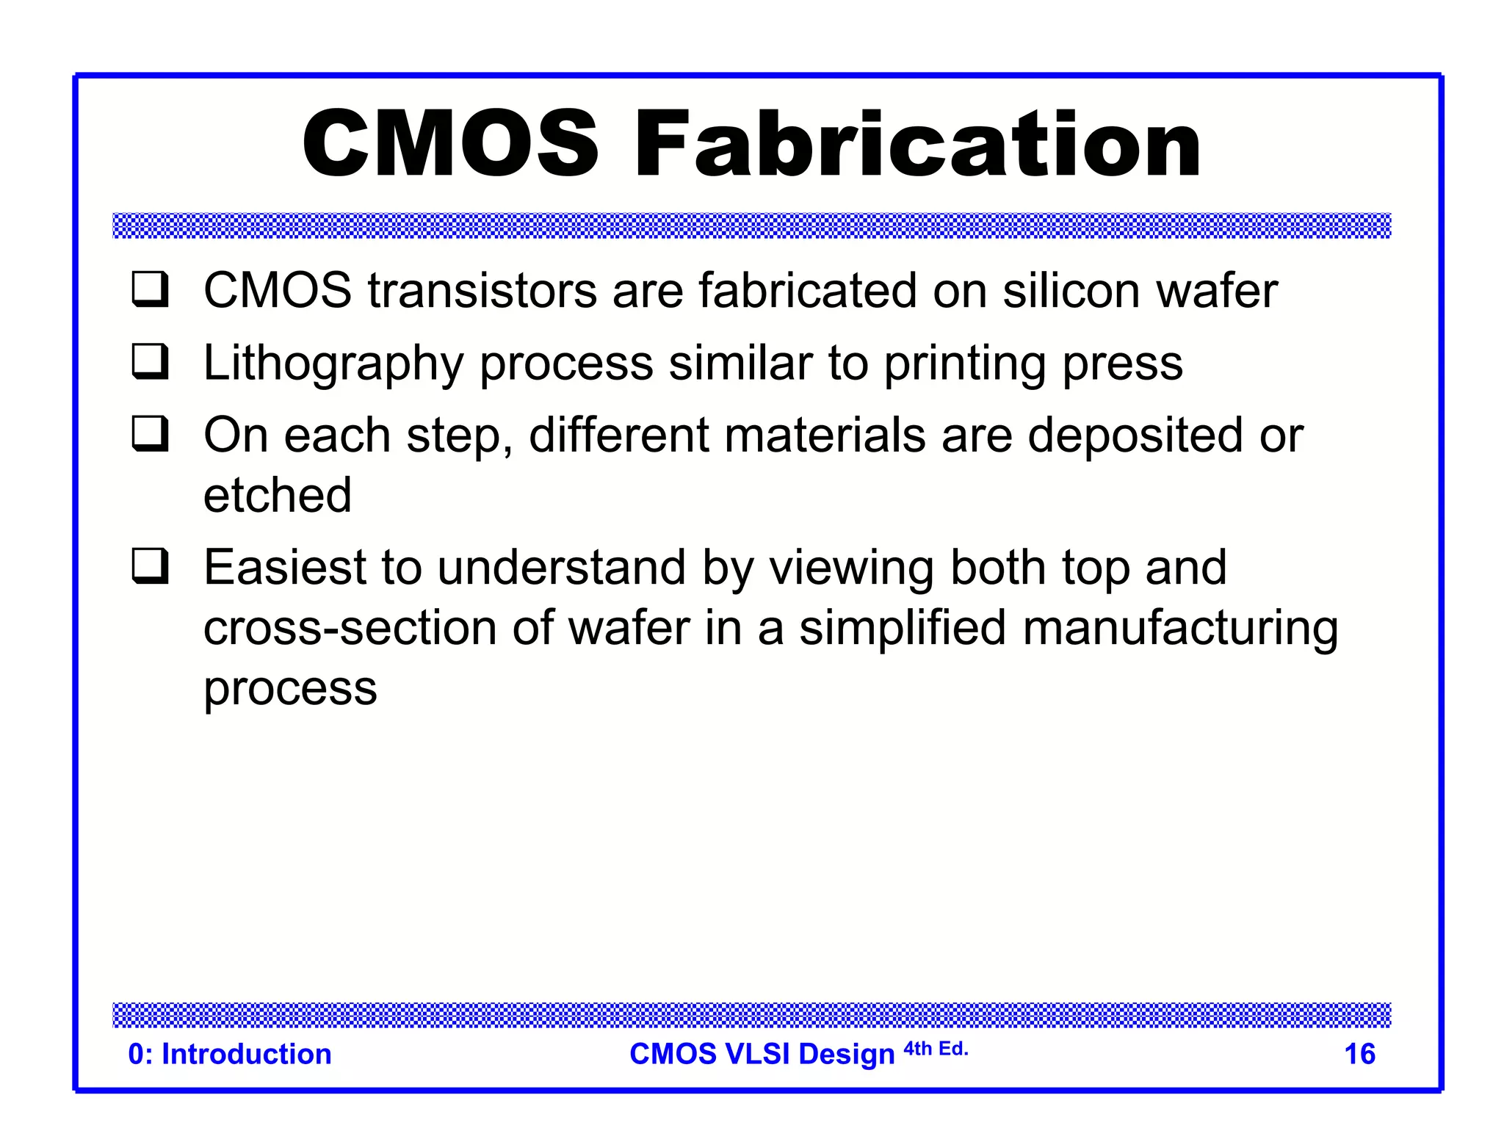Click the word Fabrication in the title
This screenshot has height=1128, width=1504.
[x=917, y=144]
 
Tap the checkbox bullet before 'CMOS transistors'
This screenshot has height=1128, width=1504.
[x=151, y=289]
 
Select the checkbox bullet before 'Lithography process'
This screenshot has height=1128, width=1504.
[x=151, y=361]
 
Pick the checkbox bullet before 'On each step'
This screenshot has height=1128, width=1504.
[x=151, y=433]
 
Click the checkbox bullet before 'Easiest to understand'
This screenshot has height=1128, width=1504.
[x=151, y=566]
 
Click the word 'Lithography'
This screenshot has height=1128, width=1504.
[x=333, y=364]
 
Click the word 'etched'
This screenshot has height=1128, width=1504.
[x=278, y=495]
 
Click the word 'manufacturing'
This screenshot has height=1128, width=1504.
[x=1180, y=629]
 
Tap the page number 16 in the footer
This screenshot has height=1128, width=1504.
[x=1359, y=1054]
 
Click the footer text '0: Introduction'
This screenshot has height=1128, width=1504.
[x=230, y=1054]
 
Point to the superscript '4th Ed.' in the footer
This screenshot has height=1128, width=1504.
[x=936, y=1049]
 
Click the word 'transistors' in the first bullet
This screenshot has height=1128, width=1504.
[x=482, y=290]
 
